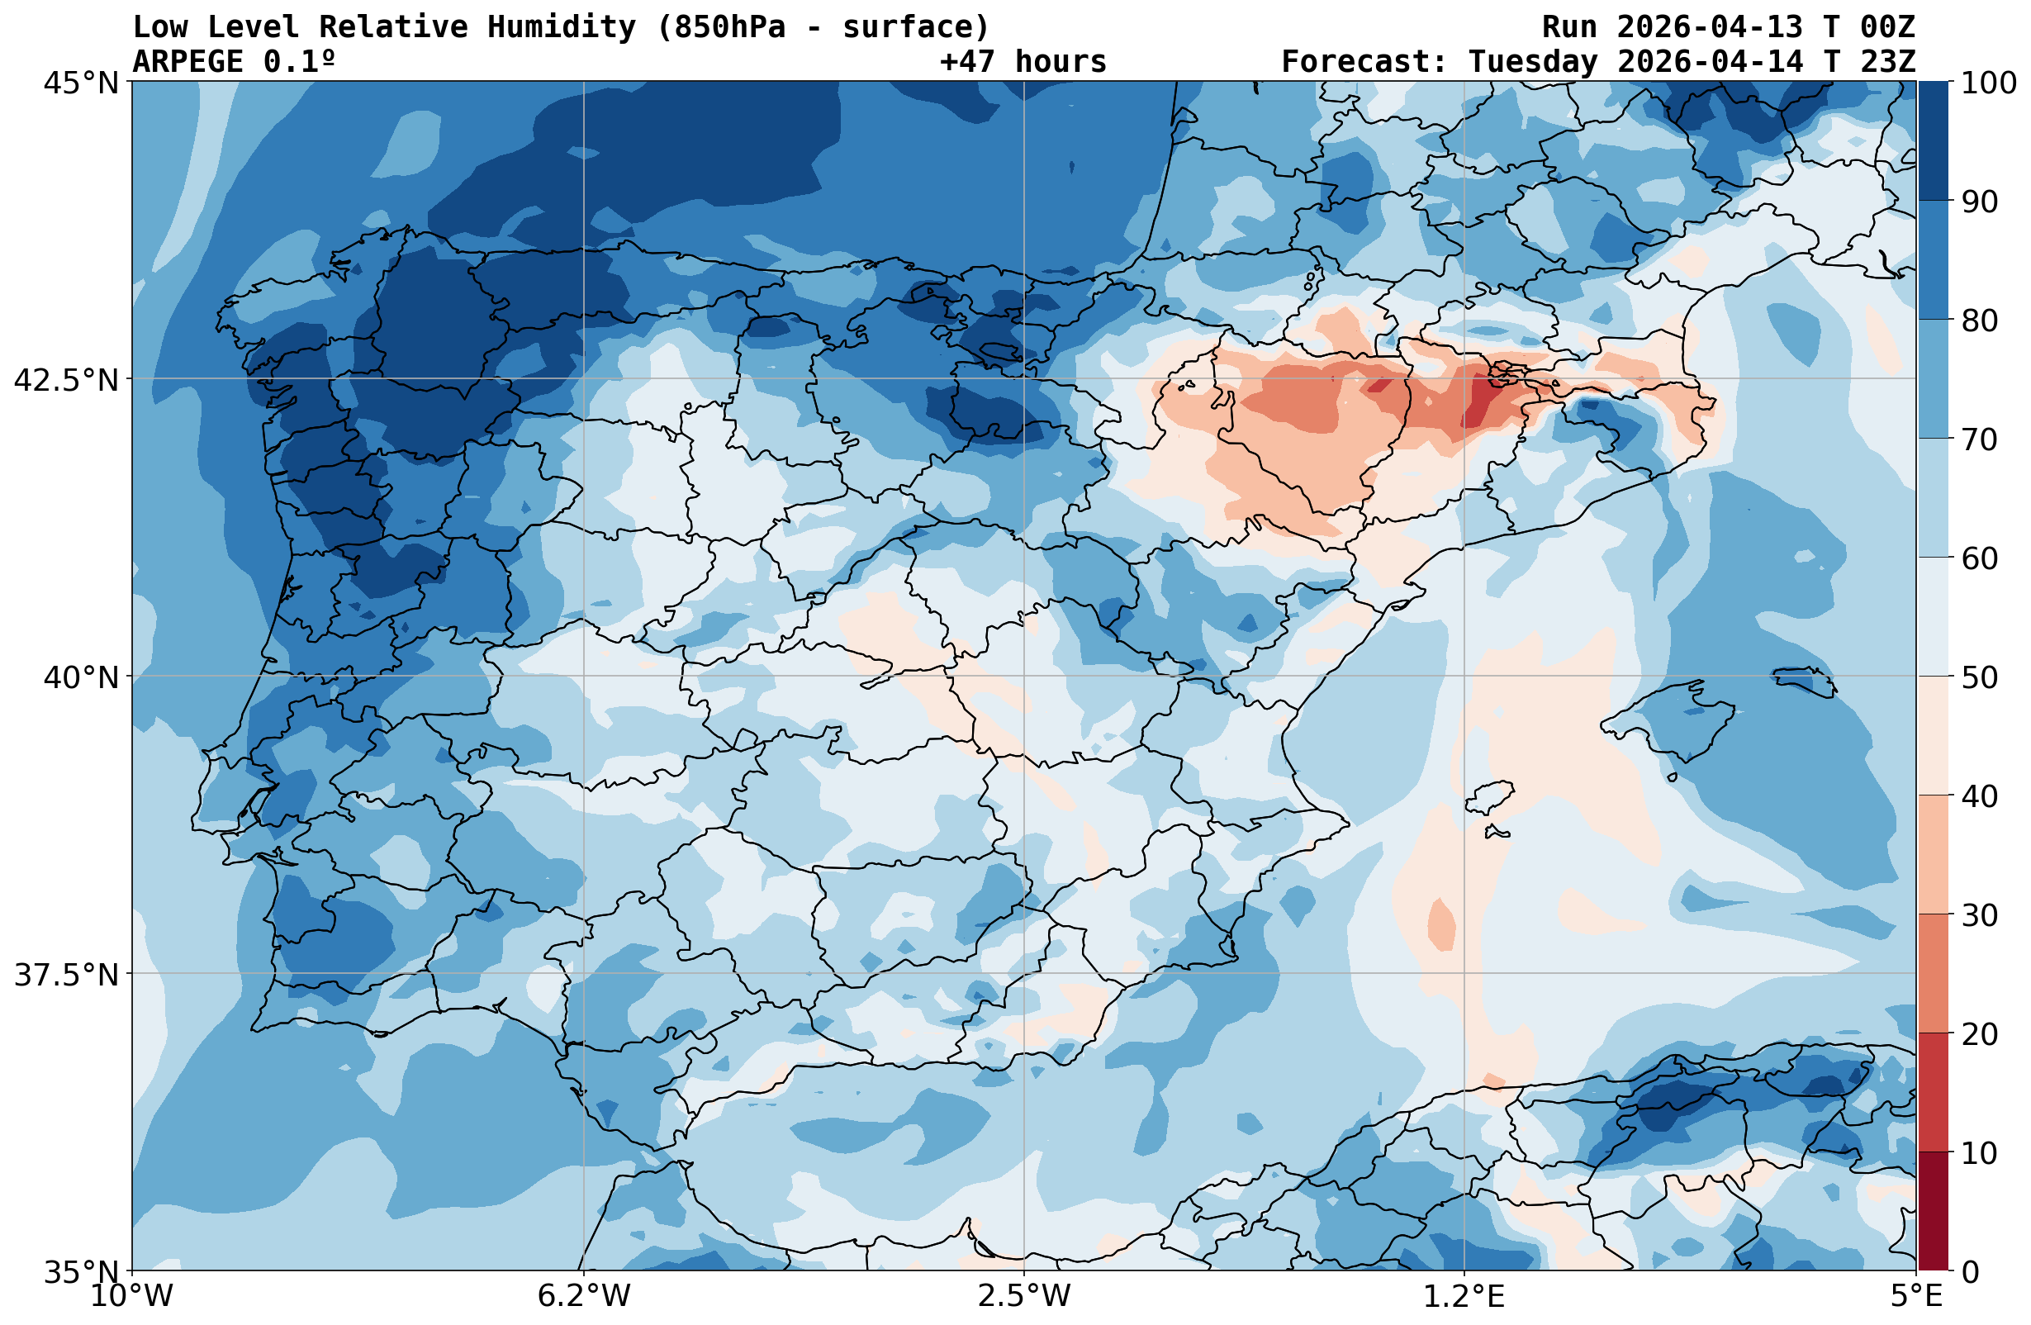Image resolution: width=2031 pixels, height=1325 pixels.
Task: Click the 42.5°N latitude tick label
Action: click(66, 379)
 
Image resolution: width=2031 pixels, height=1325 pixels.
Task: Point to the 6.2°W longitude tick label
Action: click(584, 1296)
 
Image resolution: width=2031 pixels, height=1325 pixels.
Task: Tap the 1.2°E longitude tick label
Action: click(1464, 1296)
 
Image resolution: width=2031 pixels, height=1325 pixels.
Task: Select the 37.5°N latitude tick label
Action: click(66, 974)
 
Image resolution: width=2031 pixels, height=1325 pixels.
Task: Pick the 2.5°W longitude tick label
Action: click(1024, 1296)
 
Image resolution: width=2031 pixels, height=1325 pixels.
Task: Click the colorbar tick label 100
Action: click(1988, 83)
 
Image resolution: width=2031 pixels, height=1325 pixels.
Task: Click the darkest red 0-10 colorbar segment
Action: click(1933, 1211)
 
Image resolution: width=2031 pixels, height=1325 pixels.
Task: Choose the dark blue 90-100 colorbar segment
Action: click(1933, 141)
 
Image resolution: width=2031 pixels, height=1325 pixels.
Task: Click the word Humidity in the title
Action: click(562, 27)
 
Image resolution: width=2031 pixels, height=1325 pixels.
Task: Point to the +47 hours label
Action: click(1023, 61)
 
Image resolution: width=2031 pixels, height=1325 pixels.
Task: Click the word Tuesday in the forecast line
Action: click(1533, 61)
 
